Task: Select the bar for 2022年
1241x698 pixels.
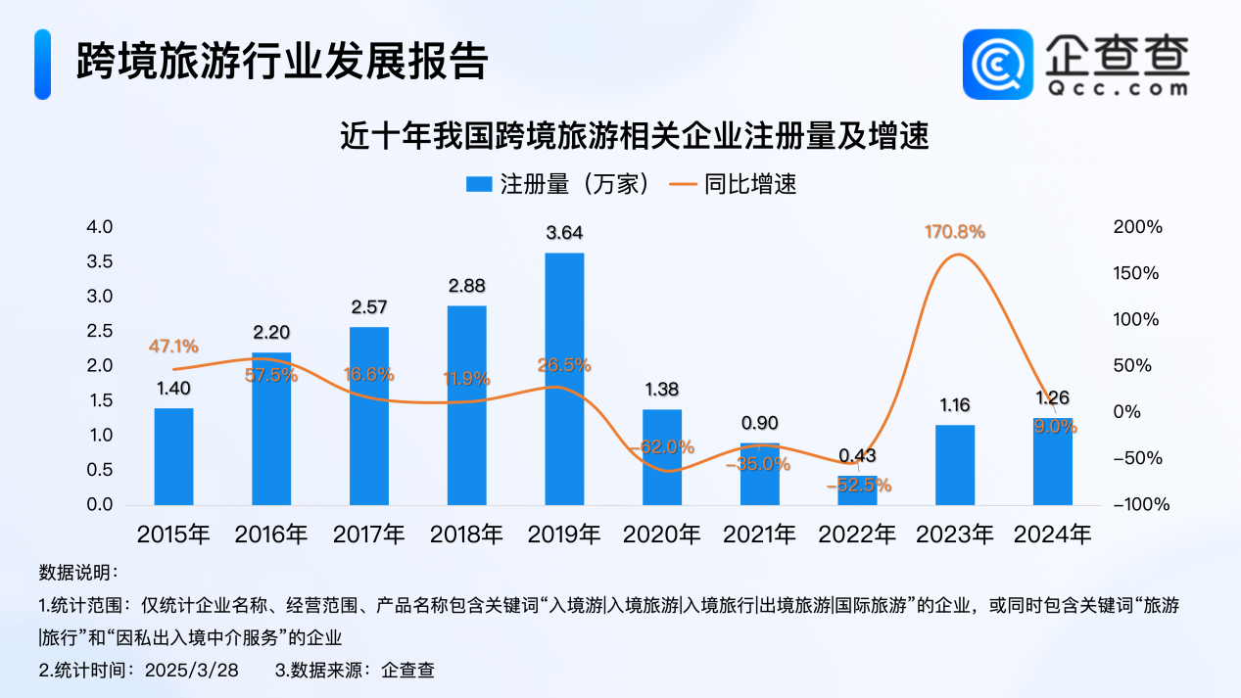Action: (x=858, y=490)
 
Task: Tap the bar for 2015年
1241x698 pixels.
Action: (x=173, y=456)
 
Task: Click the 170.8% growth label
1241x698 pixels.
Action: (x=955, y=232)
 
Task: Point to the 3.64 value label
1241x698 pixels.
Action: (x=564, y=233)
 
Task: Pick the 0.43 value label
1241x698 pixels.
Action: (x=858, y=455)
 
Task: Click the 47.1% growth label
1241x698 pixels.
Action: (x=173, y=346)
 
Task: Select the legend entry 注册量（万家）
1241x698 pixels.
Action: (x=557, y=184)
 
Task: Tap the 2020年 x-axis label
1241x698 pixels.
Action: (x=662, y=535)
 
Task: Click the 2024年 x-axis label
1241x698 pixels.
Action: (x=1053, y=535)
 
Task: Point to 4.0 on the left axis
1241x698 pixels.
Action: (x=101, y=227)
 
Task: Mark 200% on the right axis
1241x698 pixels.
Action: (x=1138, y=227)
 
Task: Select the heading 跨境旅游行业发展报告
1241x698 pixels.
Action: (x=281, y=61)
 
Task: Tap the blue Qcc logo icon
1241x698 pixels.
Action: (x=997, y=64)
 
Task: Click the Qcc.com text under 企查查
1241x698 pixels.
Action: (x=1116, y=88)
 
